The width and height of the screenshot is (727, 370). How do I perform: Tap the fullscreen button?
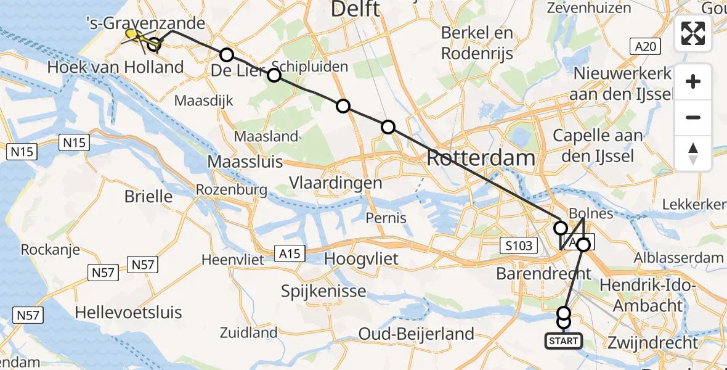[693, 33]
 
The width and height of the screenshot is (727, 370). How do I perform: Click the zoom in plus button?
[693, 81]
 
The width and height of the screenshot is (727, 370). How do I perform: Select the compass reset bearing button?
[693, 154]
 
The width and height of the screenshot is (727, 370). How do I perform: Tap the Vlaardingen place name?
[336, 183]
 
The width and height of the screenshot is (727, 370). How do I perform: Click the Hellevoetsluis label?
[128, 312]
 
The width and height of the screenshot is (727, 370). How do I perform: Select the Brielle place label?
[148, 197]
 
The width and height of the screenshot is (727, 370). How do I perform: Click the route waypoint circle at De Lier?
[227, 55]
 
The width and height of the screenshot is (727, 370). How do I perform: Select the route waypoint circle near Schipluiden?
[274, 75]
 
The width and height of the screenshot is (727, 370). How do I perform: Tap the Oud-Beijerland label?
[416, 334]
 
